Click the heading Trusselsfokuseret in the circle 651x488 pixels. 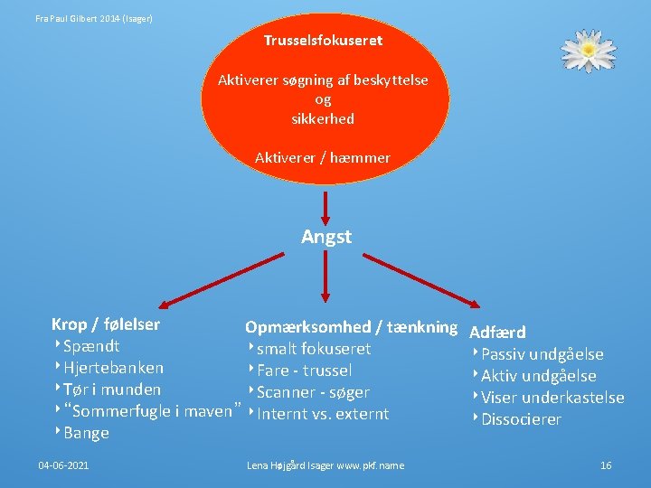tap(323, 41)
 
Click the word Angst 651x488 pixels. tap(326, 237)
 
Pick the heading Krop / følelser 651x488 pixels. tap(106, 324)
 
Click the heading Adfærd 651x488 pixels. tap(497, 333)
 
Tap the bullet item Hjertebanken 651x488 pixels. tap(114, 368)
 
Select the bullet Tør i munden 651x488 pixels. tap(112, 389)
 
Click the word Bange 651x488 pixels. tap(86, 433)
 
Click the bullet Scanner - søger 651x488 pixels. tap(313, 392)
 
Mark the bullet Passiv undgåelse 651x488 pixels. tap(542, 354)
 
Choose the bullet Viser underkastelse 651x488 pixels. tap(552, 398)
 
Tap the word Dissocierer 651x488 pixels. tap(521, 419)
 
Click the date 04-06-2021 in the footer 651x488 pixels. tap(63, 465)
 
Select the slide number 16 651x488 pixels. tap(606, 465)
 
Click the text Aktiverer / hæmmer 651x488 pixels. tap(323, 158)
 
